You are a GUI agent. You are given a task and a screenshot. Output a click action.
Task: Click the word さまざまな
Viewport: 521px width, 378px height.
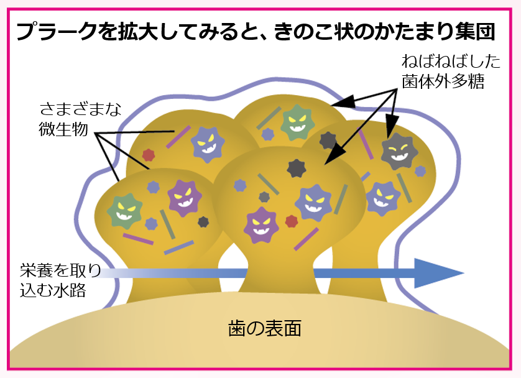(x=80, y=110)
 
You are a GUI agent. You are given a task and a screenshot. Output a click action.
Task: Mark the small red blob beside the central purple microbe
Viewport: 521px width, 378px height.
(x=291, y=221)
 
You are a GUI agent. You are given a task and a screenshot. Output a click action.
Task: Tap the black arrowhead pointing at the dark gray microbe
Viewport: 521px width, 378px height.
(x=392, y=128)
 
